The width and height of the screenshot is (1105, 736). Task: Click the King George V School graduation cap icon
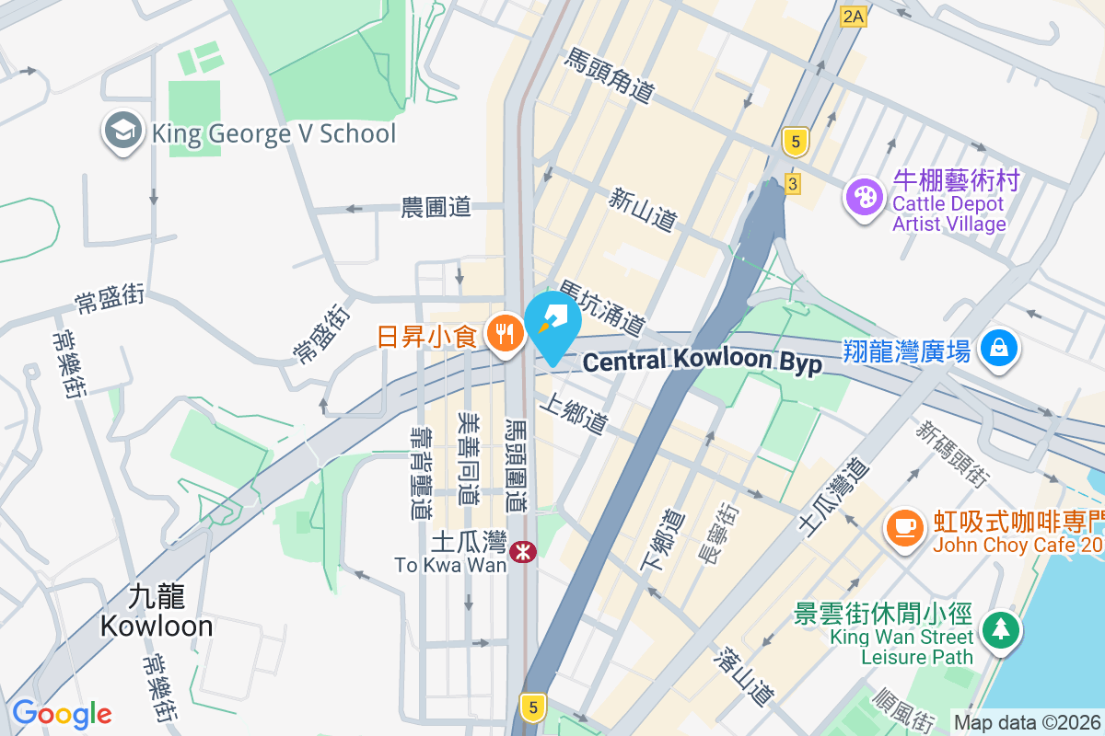coord(122,132)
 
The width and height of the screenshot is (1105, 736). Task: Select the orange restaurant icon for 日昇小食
coord(504,332)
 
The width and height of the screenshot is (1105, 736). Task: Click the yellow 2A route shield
coord(854,16)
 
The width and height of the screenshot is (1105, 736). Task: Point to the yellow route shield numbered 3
coord(792,184)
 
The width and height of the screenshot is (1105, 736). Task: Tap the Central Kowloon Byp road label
coord(702,361)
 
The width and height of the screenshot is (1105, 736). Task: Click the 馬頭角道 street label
coord(610,76)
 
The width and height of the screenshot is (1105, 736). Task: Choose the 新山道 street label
coord(644,209)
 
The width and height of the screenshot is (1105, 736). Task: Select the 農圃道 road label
coord(436,207)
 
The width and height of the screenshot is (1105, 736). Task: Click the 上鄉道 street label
coord(576,416)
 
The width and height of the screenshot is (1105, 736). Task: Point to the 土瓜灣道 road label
coord(832,495)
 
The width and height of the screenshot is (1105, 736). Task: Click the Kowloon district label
coord(157,612)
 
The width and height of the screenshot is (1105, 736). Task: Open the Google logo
coord(62,714)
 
